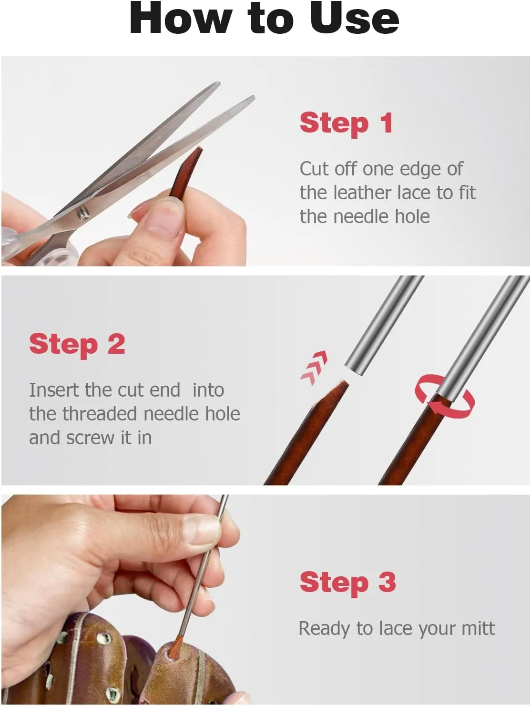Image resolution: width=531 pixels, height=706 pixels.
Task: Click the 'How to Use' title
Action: point(264,18)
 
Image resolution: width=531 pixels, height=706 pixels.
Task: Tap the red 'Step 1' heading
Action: point(346,124)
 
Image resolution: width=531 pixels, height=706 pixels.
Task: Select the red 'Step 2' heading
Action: point(77,345)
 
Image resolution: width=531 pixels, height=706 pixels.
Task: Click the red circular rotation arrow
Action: point(444,395)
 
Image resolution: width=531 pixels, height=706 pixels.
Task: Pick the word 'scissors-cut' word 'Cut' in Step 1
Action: point(315,169)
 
